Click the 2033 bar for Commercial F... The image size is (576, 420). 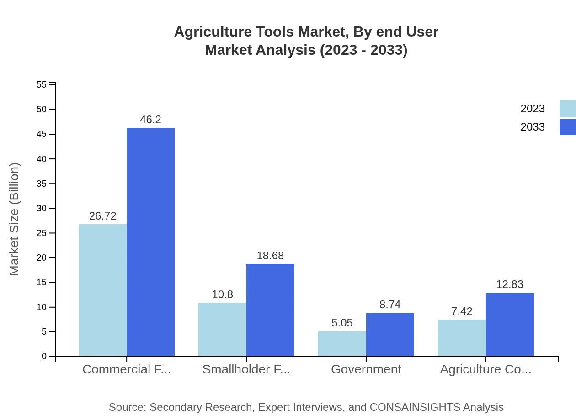pyautogui.click(x=150, y=242)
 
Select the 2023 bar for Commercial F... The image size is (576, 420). pyautogui.click(x=102, y=290)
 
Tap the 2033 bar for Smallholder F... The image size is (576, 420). pyautogui.click(x=270, y=310)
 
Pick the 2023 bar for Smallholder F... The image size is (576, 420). pyautogui.click(x=222, y=329)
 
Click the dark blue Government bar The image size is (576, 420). pyautogui.click(x=390, y=334)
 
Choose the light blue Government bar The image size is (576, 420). pyautogui.click(x=342, y=343)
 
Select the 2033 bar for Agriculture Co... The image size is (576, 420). pyautogui.click(x=510, y=324)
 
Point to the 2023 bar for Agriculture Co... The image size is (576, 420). pyautogui.click(x=462, y=338)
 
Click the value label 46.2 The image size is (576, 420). pyautogui.click(x=150, y=120)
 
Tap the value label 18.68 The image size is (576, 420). pyautogui.click(x=270, y=256)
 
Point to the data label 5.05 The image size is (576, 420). pyautogui.click(x=342, y=323)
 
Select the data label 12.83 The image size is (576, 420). pyautogui.click(x=510, y=284)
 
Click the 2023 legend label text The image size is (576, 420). pyautogui.click(x=533, y=109)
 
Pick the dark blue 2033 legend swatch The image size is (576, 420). pyautogui.click(x=567, y=127)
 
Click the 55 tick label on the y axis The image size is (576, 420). pyautogui.click(x=41, y=84)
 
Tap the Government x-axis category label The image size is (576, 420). pyautogui.click(x=366, y=369)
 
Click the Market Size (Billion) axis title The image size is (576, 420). pyautogui.click(x=14, y=219)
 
